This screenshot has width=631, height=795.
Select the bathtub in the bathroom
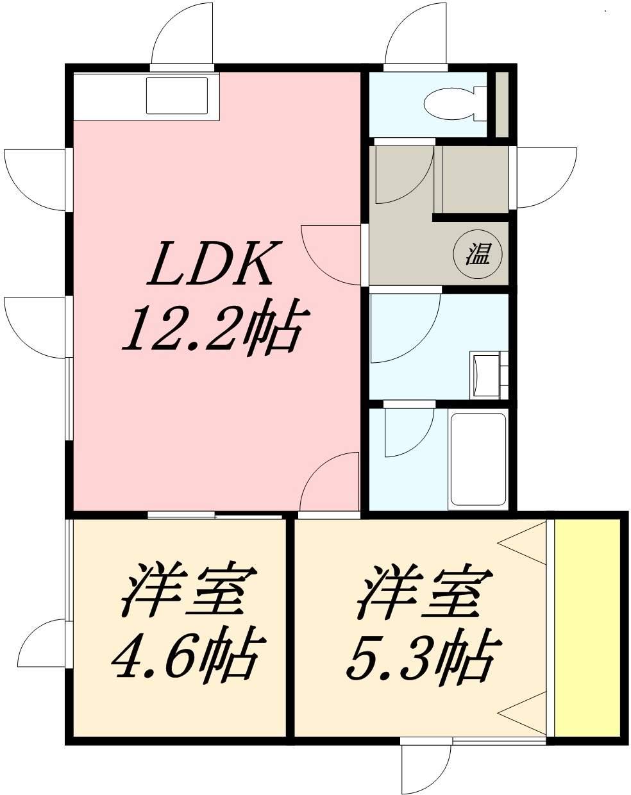tap(478, 460)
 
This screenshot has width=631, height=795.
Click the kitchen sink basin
tap(177, 96)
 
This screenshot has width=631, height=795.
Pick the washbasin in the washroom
tap(485, 375)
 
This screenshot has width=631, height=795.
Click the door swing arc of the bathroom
tap(407, 433)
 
